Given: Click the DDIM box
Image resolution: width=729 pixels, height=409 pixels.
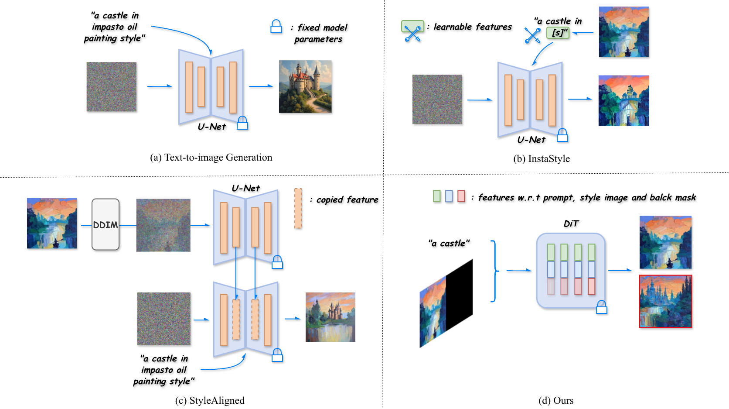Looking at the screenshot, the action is tap(106, 224).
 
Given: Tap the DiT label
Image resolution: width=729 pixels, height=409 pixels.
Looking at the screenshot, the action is tap(571, 223).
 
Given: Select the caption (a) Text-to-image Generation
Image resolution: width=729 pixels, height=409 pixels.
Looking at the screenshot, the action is tap(211, 158).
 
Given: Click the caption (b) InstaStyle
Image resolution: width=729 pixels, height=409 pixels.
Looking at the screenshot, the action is tap(542, 159).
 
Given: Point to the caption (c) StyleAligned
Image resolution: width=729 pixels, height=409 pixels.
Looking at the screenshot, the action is tap(210, 400).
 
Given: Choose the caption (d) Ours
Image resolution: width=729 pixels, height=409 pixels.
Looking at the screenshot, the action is tap(556, 400).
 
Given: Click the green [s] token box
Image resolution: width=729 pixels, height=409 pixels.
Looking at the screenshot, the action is tap(558, 33).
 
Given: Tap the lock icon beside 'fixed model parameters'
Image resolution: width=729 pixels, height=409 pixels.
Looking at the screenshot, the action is tap(276, 27).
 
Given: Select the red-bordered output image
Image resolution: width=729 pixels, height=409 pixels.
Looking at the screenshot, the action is tap(665, 301).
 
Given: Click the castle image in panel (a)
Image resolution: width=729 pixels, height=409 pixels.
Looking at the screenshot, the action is tap(305, 87).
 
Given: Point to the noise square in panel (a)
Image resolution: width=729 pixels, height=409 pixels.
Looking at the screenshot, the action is tap(111, 87).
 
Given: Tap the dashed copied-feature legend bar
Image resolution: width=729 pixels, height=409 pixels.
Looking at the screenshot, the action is tap(298, 208).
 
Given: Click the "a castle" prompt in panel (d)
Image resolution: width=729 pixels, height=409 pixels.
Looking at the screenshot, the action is tap(449, 243).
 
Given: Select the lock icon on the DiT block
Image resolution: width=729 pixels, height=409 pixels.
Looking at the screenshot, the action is tap(601, 307).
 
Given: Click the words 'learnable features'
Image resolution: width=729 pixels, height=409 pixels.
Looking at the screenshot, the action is tap(473, 27).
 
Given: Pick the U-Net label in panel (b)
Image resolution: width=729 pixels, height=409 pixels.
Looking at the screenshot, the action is tap(531, 140).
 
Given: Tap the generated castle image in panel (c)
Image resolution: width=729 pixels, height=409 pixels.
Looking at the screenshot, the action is tap(330, 317).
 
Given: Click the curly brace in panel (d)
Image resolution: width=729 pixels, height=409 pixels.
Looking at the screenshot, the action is tap(495, 271).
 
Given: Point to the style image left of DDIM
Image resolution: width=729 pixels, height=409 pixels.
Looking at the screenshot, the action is tap(52, 223).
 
